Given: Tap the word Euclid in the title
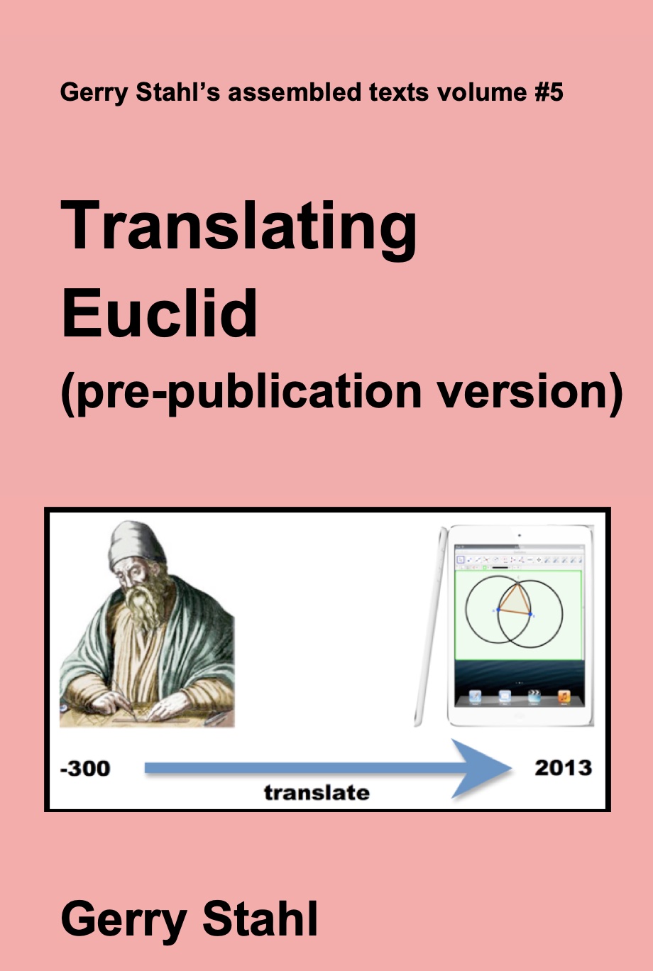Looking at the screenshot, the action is pyautogui.click(x=160, y=312).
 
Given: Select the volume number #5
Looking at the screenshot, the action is pyautogui.click(x=549, y=92).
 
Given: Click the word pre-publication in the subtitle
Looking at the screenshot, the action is pyautogui.click(x=241, y=393).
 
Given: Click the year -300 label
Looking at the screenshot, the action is pyautogui.click(x=85, y=769).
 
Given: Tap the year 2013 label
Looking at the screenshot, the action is pyautogui.click(x=564, y=768).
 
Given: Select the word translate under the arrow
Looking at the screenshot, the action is pyautogui.click(x=317, y=793).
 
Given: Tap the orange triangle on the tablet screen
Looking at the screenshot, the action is pyautogui.click(x=515, y=600).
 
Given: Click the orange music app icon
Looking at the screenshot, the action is pyautogui.click(x=564, y=697).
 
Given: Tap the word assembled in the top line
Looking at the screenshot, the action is pyautogui.click(x=295, y=92).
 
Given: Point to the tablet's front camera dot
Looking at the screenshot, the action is pyautogui.click(x=519, y=536).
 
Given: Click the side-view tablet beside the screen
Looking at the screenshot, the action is pyautogui.click(x=430, y=626).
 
